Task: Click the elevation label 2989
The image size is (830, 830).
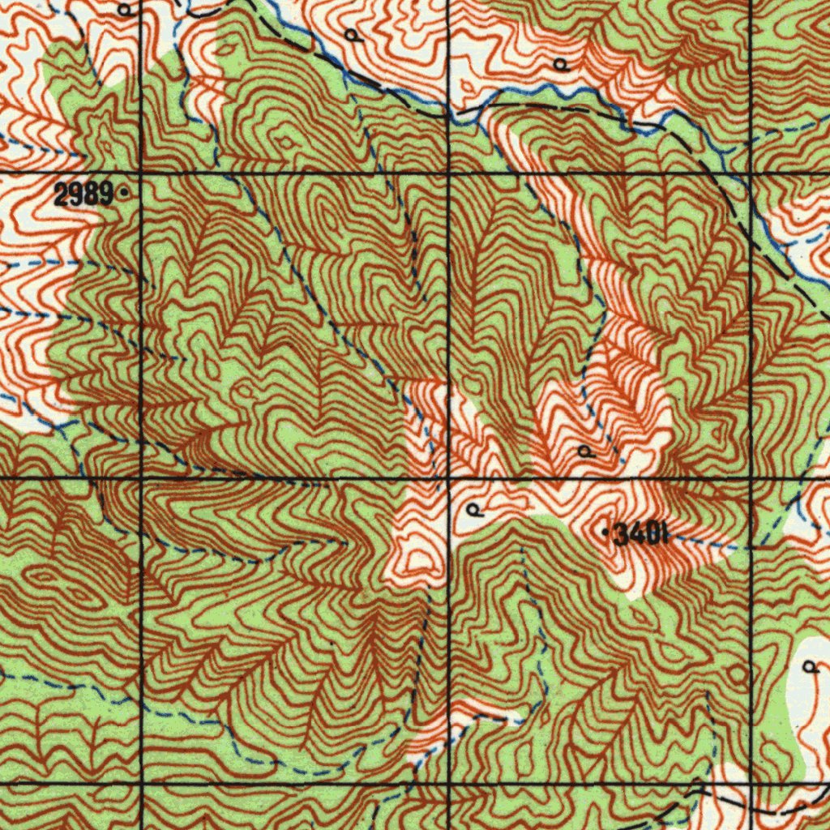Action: pyautogui.click(x=83, y=194)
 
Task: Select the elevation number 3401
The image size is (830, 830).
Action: pyautogui.click(x=641, y=534)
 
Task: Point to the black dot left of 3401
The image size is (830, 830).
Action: pyautogui.click(x=606, y=533)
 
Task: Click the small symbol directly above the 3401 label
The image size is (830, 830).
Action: pyautogui.click(x=585, y=451)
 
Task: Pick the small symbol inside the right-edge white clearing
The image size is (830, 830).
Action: pyautogui.click(x=810, y=667)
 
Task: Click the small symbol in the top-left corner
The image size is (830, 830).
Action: pyautogui.click(x=124, y=10)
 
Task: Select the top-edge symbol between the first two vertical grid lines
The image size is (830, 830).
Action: pyautogui.click(x=351, y=35)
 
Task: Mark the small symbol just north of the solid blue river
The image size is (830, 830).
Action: pyautogui.click(x=561, y=64)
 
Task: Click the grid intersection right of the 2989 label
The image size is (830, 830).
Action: pyautogui.click(x=142, y=173)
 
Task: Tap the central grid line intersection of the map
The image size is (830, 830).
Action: pyautogui.click(x=448, y=479)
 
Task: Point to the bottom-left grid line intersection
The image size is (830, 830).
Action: pyautogui.click(x=142, y=784)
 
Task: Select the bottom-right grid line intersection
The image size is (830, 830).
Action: pyautogui.click(x=751, y=784)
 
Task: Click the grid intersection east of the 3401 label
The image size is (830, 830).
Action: pyautogui.click(x=751, y=479)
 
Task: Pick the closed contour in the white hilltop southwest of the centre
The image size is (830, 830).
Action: pyautogui.click(x=420, y=559)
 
